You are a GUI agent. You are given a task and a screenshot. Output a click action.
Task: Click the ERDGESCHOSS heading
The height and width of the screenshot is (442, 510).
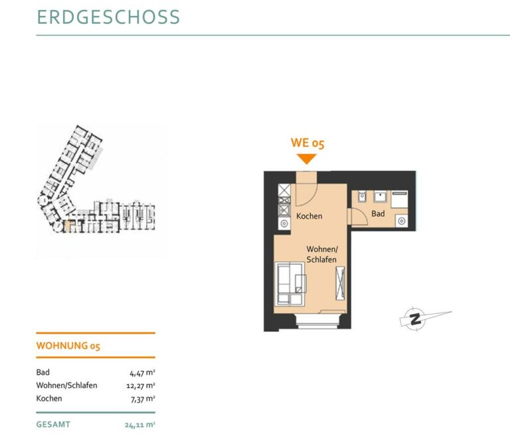[x=108, y=17]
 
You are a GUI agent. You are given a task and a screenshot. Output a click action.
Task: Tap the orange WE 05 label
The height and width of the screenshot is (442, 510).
[x=307, y=143]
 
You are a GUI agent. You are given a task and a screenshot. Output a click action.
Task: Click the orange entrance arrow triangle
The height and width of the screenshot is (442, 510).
[x=306, y=159]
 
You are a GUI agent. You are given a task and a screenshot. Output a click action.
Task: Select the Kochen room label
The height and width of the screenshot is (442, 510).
[x=309, y=216]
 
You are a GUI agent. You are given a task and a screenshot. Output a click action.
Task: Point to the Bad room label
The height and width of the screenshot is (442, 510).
[x=378, y=213]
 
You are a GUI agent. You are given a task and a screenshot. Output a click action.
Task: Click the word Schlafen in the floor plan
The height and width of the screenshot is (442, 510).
[x=321, y=259]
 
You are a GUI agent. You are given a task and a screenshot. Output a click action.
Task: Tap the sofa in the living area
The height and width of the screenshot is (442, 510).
[x=290, y=284]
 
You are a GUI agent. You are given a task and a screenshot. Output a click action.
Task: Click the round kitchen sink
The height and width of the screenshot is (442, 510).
[x=284, y=223]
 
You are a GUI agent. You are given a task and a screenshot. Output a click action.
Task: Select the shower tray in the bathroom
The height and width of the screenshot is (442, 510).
[x=399, y=199]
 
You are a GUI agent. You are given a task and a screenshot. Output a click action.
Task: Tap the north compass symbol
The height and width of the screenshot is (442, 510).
[x=415, y=318]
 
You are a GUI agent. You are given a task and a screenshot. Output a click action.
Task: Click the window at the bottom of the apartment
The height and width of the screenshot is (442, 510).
[x=318, y=320]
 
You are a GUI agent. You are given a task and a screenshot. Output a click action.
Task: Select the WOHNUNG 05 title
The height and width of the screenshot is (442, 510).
[x=68, y=346]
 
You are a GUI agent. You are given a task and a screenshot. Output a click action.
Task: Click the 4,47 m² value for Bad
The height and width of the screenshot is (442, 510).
[x=143, y=373]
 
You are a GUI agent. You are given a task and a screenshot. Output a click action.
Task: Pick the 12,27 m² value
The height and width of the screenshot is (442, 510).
[x=141, y=386]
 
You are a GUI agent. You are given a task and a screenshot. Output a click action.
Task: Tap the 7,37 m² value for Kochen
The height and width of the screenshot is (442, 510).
[x=143, y=399]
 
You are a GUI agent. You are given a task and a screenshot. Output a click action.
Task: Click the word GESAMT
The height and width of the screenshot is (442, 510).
[x=53, y=425]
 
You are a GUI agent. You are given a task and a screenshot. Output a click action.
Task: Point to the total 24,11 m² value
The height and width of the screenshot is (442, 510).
[x=140, y=425]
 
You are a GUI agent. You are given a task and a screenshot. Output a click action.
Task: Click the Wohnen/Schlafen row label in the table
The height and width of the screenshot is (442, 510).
[x=66, y=386]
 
